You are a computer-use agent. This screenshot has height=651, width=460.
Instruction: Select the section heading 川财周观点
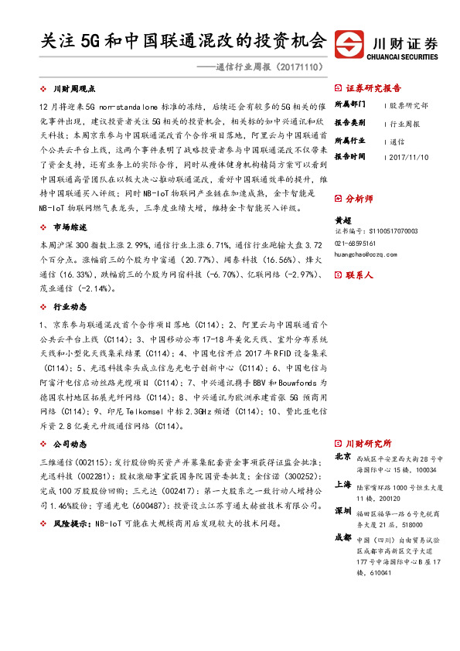[x=79, y=89]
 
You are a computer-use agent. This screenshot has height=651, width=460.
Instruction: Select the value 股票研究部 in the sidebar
[x=408, y=104]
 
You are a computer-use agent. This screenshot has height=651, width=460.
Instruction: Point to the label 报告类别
[x=349, y=123]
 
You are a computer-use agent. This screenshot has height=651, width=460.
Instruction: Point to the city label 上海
[x=343, y=486]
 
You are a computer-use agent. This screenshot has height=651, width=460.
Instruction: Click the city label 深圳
[x=343, y=512]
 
